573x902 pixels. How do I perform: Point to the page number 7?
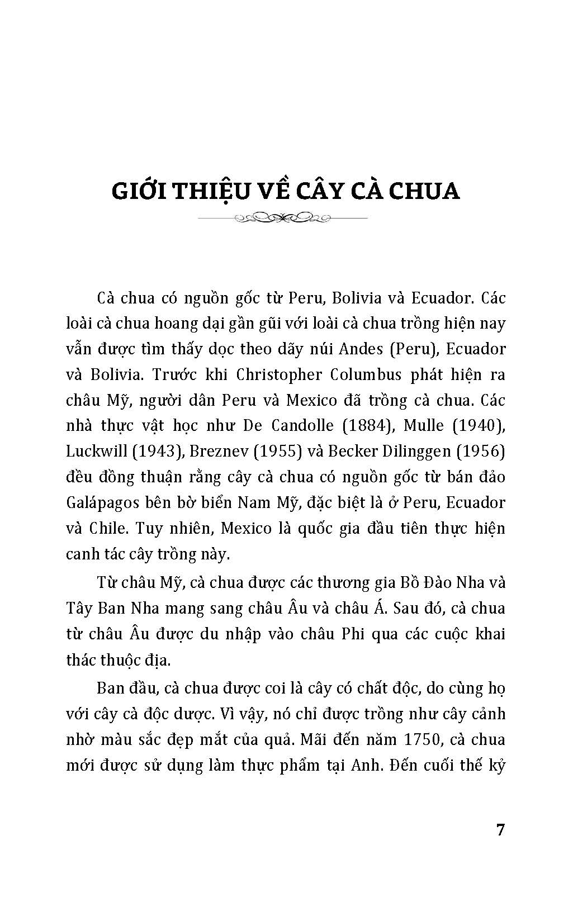[500, 829]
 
